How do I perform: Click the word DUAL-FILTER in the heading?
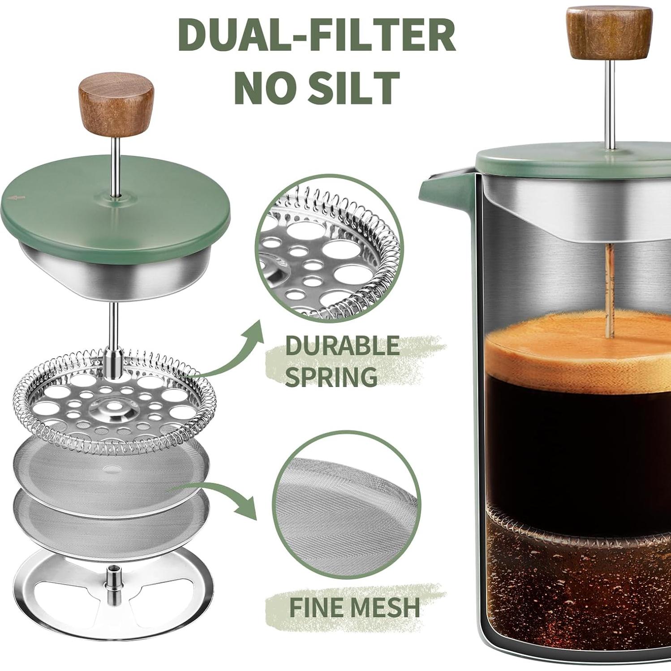coord(317,36)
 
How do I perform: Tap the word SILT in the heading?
coord(348,88)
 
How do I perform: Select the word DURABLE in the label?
coord(342,346)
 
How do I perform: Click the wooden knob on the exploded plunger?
coord(116,103)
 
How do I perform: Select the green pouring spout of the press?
coord(441,188)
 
